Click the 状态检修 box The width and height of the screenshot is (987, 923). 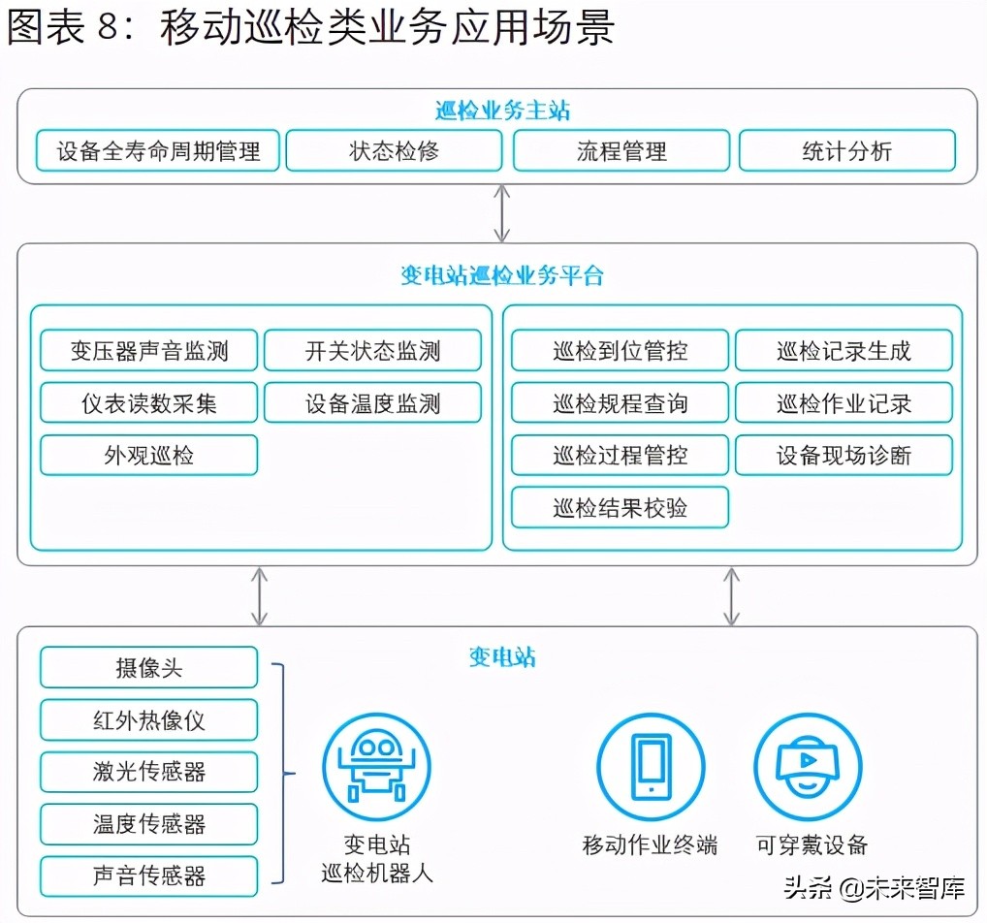click(x=394, y=151)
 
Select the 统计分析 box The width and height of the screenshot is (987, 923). click(x=846, y=151)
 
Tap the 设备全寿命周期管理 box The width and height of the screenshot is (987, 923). click(x=158, y=151)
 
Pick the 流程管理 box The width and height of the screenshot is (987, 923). click(x=621, y=151)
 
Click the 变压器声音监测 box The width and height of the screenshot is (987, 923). click(x=148, y=351)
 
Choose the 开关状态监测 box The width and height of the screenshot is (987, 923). click(x=372, y=351)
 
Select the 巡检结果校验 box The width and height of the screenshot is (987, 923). click(x=620, y=508)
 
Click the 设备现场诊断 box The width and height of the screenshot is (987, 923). click(x=844, y=456)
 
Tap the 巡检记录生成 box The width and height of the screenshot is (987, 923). click(x=844, y=351)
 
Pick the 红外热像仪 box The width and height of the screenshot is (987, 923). click(x=148, y=720)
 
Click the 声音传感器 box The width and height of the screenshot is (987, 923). click(x=148, y=876)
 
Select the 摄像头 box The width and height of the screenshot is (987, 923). click(x=148, y=668)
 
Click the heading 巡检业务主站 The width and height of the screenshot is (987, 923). click(x=501, y=111)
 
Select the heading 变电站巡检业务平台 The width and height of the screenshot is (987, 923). click(x=501, y=275)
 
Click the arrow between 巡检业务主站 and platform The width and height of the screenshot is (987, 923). click(x=501, y=213)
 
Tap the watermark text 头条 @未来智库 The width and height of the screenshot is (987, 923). click(x=873, y=887)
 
